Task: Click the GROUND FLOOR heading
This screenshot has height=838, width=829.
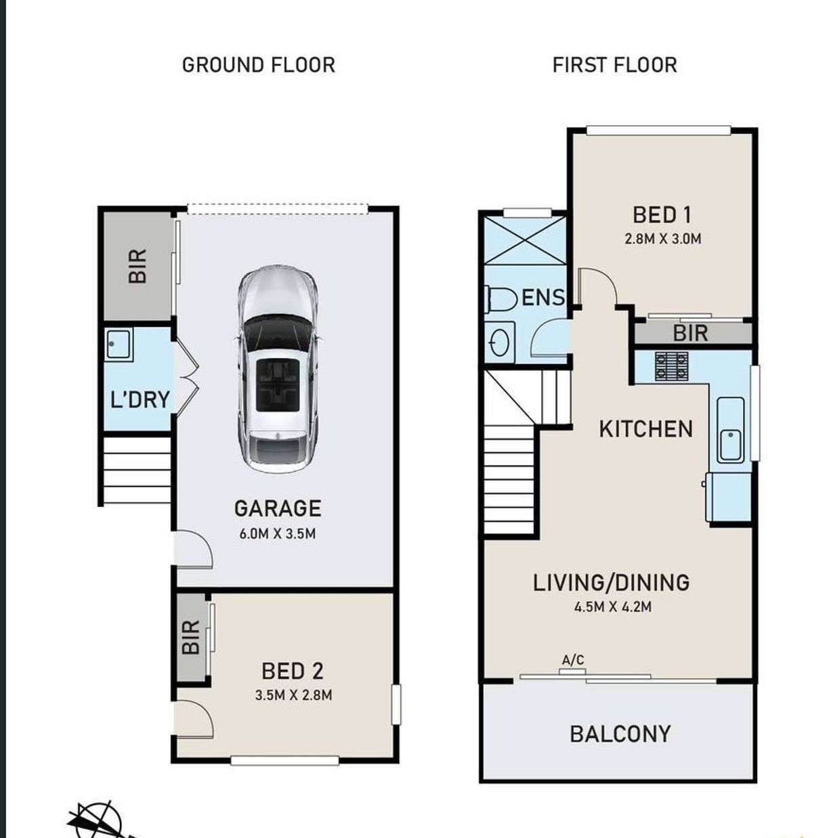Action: click(259, 65)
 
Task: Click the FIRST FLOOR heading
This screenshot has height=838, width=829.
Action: click(614, 65)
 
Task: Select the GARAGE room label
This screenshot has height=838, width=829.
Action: click(278, 508)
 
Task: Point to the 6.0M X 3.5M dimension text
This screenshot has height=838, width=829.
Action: click(278, 533)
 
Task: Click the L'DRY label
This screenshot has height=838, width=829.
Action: click(140, 399)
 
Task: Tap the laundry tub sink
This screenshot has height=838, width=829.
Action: click(119, 345)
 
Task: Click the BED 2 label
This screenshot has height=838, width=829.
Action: click(293, 671)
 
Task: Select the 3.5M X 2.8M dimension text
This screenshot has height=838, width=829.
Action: click(293, 695)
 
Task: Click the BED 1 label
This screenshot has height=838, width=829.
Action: click(662, 215)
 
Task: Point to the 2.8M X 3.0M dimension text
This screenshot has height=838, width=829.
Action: click(663, 239)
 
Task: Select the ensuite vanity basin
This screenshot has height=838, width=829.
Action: click(500, 342)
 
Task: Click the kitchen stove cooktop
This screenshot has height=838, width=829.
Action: click(671, 366)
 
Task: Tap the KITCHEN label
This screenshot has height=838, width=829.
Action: click(645, 429)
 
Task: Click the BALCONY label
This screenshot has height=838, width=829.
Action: click(620, 734)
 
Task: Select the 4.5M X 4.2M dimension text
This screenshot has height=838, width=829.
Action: click(613, 607)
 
